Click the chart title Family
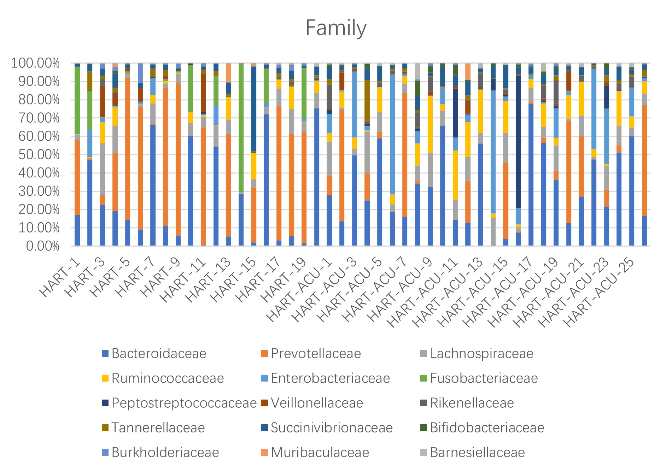336,28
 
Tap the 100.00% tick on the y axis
35,64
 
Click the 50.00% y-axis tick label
38,155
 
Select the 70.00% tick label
38,118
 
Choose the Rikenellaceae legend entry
472,403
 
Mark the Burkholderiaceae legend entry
165,453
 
